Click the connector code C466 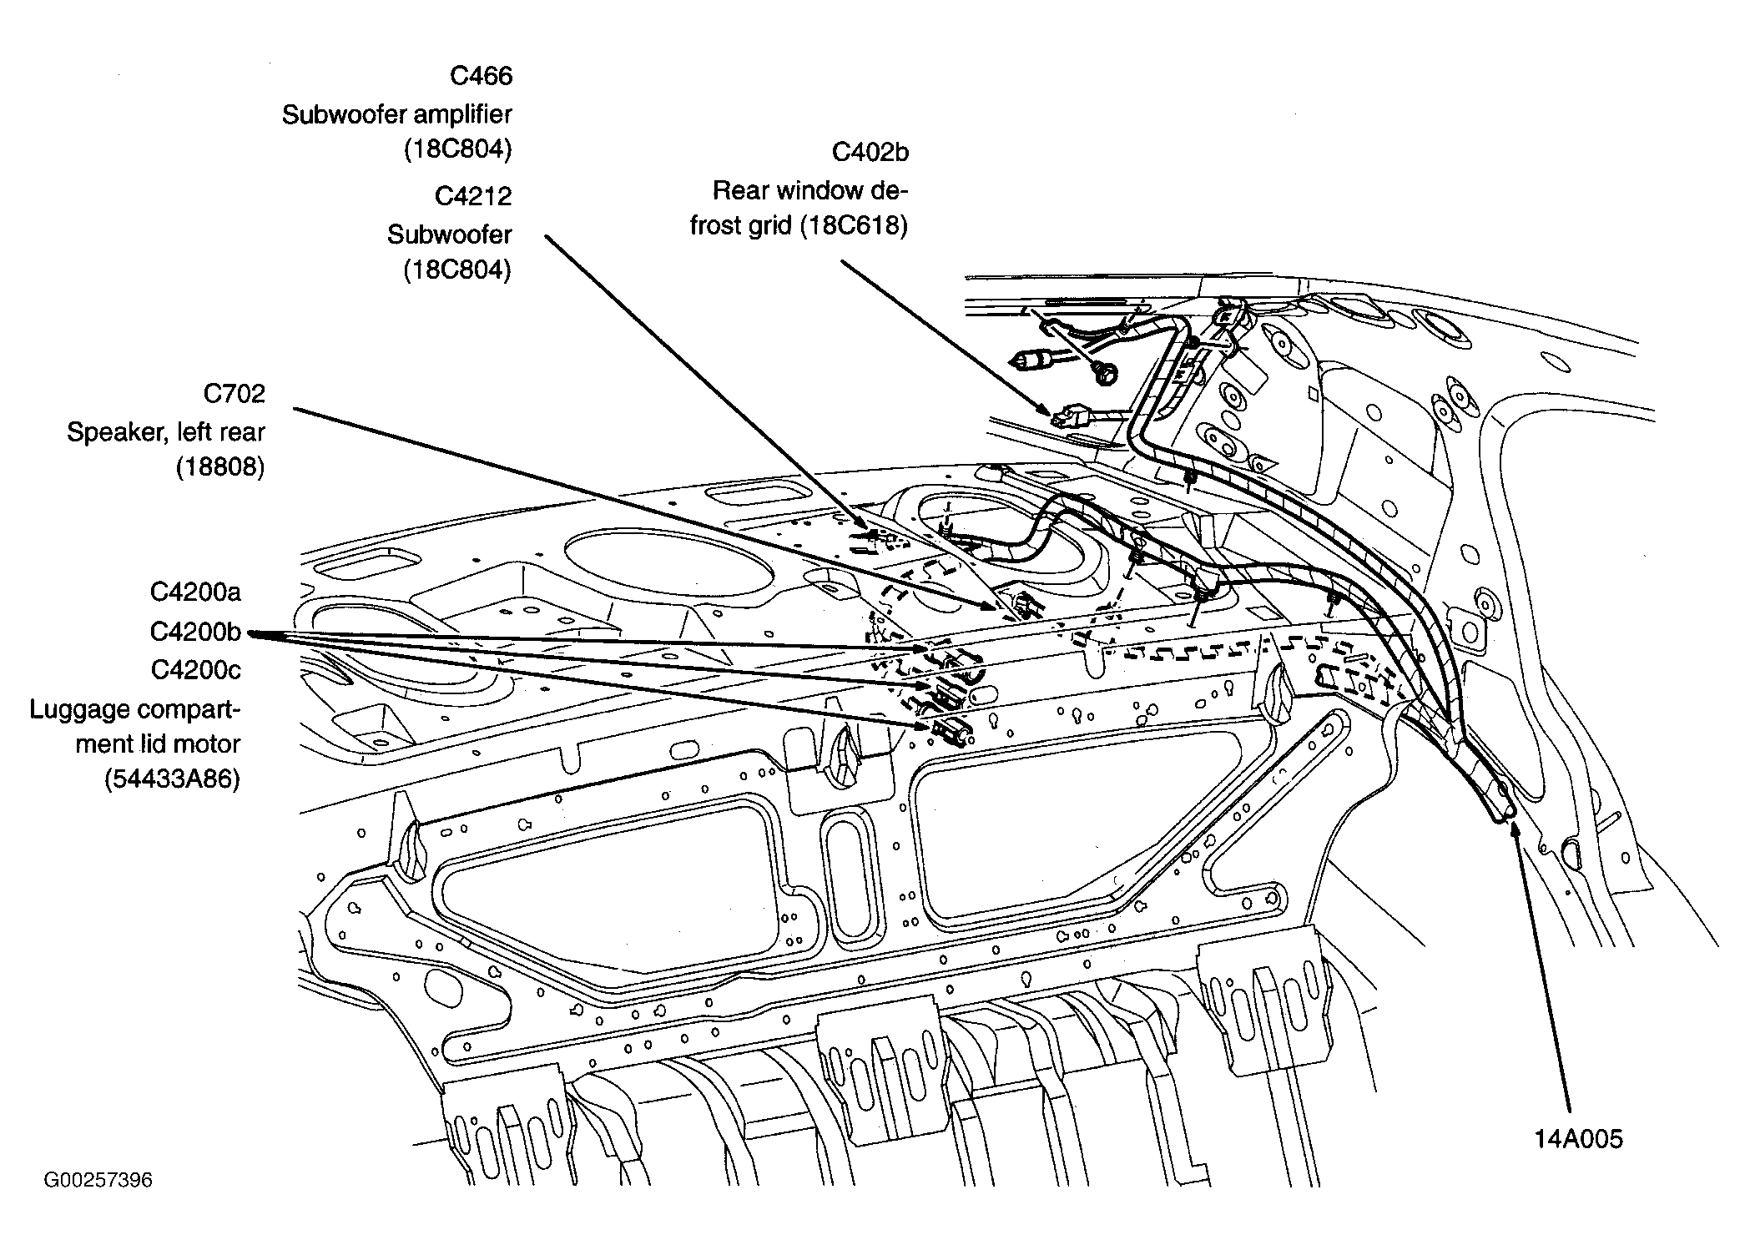tap(481, 76)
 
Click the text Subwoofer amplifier tap(396, 114)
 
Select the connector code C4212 tap(472, 196)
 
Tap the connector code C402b tap(870, 152)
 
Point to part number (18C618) tap(853, 226)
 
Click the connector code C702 tap(234, 393)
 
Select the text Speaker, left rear tap(165, 432)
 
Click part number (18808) tap(219, 467)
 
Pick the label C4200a tap(195, 592)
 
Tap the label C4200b tap(195, 632)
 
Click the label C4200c tap(195, 670)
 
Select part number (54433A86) tap(173, 779)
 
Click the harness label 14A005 tap(1578, 1139)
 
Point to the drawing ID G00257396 tap(98, 1180)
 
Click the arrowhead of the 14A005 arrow tap(1513, 829)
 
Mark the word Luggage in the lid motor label tap(79, 710)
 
